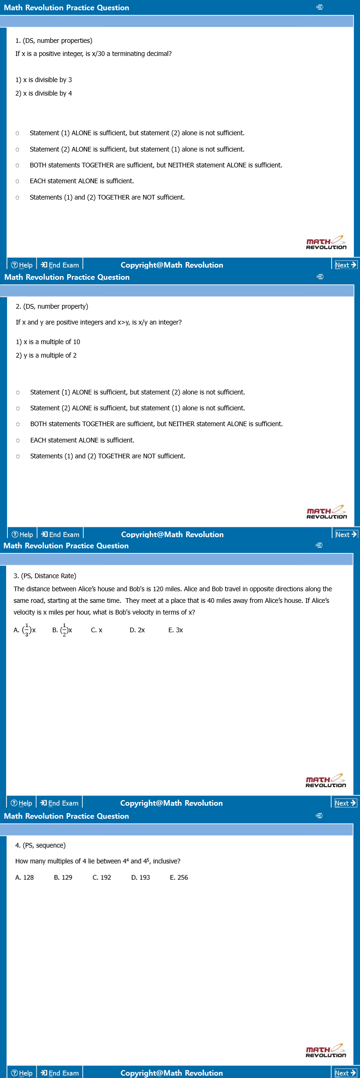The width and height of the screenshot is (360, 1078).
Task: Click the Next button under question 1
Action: (346, 265)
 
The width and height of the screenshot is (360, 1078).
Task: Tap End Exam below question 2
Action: (60, 534)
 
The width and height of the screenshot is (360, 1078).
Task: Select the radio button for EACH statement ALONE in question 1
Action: (17, 181)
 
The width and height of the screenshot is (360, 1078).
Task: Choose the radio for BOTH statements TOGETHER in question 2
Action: (18, 424)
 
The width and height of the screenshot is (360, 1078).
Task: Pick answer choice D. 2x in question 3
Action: (137, 630)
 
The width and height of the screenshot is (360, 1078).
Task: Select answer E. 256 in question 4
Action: (179, 878)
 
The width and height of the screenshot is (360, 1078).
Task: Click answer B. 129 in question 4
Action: (63, 878)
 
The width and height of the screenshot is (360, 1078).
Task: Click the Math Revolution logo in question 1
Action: (326, 243)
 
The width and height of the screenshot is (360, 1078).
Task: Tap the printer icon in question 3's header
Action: (319, 545)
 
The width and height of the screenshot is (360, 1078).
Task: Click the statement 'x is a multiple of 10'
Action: (48, 342)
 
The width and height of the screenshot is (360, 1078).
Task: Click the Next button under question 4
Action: (346, 1073)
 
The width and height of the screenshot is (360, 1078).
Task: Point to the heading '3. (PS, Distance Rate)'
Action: (45, 576)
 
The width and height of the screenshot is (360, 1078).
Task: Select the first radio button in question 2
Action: (18, 393)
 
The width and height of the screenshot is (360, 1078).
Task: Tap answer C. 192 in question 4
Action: (102, 878)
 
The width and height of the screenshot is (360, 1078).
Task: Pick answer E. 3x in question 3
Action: (175, 630)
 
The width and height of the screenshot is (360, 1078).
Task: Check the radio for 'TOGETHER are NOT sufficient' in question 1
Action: (17, 198)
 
